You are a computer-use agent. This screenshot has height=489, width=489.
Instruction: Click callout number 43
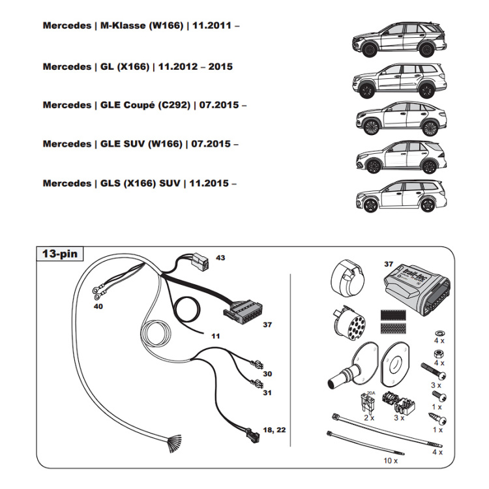pyautogui.click(x=220, y=258)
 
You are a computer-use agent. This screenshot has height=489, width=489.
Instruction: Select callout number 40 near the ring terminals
pyautogui.click(x=98, y=306)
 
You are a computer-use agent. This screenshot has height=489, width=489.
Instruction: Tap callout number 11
pyautogui.click(x=215, y=336)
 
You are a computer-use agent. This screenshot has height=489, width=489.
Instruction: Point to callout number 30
pyautogui.click(x=267, y=374)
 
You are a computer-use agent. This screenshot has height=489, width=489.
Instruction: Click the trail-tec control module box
pyautogui.click(x=413, y=286)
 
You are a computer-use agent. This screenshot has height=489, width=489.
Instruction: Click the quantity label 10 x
pyautogui.click(x=390, y=460)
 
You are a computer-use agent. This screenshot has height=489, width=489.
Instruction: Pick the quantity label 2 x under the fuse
pyautogui.click(x=369, y=417)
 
